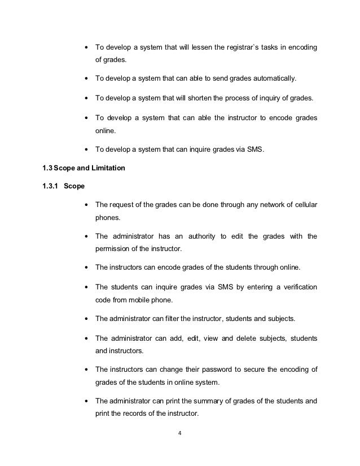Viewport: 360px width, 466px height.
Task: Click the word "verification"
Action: (295, 287)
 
